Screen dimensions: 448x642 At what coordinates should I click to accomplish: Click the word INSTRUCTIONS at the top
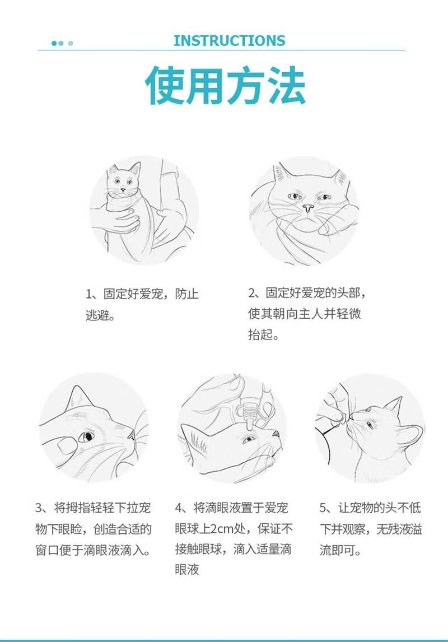[229, 41]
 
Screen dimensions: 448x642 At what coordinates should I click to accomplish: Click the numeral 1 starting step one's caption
[89, 294]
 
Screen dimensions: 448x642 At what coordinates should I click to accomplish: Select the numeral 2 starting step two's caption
[251, 293]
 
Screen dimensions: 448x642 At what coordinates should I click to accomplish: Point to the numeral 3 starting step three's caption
[39, 508]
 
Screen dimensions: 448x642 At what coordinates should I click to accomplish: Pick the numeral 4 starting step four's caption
[179, 508]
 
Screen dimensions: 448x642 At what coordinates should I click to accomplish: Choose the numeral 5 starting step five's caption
[323, 508]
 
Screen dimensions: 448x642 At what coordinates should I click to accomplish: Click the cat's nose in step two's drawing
[308, 208]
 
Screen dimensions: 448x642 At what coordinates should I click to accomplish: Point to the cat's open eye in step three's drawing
[86, 436]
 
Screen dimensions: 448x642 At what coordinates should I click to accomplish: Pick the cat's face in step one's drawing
[123, 180]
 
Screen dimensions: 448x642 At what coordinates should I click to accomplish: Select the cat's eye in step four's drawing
[248, 440]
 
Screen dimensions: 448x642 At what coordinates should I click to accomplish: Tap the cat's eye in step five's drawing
[370, 425]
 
